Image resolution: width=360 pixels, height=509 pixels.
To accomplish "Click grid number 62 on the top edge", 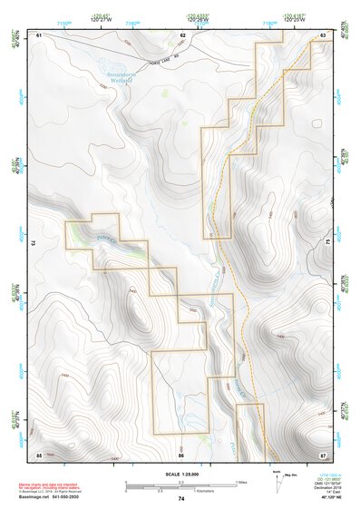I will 182,35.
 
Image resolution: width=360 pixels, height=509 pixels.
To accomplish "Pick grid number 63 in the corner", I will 323,35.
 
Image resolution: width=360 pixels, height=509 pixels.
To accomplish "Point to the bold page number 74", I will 181,499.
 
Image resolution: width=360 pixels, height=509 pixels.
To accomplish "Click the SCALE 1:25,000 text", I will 180,475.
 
